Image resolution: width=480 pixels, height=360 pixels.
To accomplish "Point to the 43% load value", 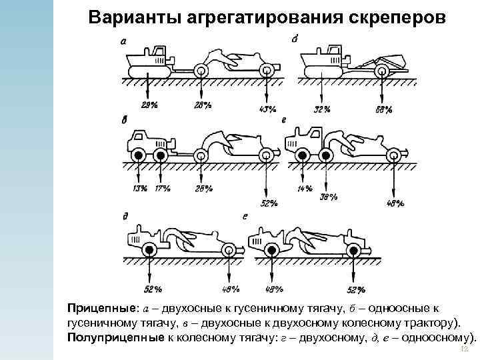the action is (x=267, y=109).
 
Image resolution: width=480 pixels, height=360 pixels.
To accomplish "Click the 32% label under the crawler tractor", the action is (x=323, y=107).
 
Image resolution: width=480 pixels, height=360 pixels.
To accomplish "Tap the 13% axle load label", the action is (x=140, y=188).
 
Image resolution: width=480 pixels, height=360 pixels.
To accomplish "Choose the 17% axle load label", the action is (x=162, y=188).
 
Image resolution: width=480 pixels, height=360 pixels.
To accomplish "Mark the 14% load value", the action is (x=305, y=189).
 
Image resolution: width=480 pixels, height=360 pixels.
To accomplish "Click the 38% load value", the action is (x=329, y=197).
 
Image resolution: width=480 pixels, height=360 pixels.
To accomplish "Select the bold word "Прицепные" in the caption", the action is (x=99, y=309).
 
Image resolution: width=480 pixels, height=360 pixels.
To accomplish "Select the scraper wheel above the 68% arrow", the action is (x=383, y=70).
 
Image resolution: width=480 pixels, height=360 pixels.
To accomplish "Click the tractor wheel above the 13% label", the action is (x=138, y=156).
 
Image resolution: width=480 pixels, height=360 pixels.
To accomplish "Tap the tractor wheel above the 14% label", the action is (x=303, y=156).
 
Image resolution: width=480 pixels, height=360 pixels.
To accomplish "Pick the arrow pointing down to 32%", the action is (x=323, y=87).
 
